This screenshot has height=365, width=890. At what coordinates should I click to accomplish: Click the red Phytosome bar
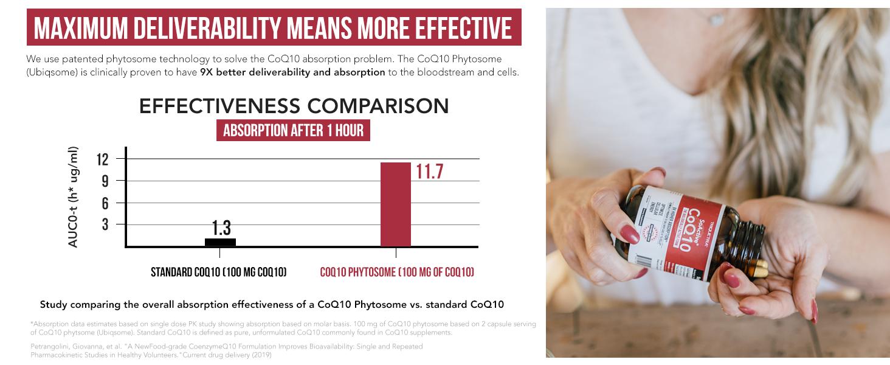click(396, 204)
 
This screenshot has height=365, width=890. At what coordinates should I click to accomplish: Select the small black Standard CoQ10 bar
click(220, 242)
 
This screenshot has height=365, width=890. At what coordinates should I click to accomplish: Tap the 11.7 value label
click(429, 172)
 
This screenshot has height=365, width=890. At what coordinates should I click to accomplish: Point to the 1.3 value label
click(221, 228)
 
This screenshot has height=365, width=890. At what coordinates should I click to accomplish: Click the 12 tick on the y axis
click(102, 159)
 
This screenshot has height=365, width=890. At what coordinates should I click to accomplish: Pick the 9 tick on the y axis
click(104, 181)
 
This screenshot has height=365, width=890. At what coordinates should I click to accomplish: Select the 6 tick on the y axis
click(104, 203)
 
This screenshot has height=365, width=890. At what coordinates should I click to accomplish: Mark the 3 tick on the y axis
click(104, 225)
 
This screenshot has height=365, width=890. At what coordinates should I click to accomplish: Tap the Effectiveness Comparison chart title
click(294, 106)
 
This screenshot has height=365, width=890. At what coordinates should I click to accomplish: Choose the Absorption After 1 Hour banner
click(293, 131)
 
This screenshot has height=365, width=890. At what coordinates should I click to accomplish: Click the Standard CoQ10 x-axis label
click(218, 273)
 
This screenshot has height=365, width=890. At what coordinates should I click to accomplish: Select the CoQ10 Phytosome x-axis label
click(397, 273)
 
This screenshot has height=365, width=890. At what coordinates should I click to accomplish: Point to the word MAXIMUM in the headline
click(72, 27)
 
